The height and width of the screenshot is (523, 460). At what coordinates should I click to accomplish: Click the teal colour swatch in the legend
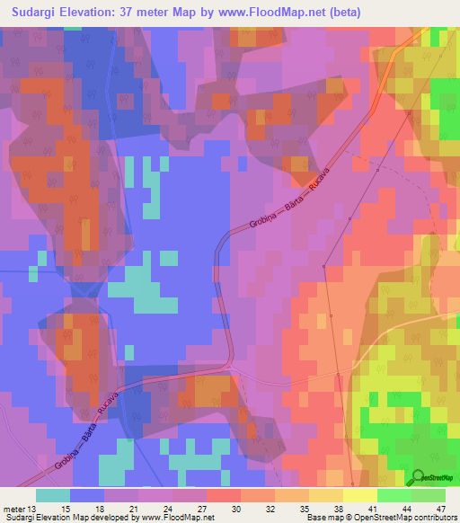pyautogui.click(x=53, y=495)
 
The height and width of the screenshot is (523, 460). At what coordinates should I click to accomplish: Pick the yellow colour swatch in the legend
pyautogui.click(x=360, y=495)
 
